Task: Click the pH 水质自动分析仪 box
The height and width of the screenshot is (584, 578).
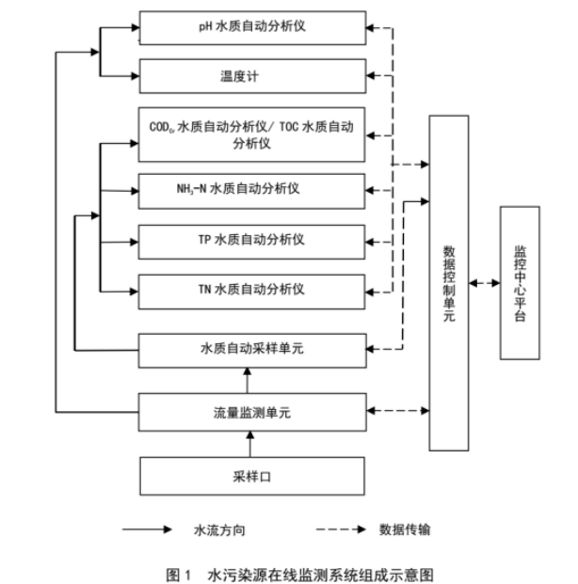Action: [251, 26]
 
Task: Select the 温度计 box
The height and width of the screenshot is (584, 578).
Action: [251, 75]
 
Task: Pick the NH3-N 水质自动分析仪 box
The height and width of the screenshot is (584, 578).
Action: [251, 189]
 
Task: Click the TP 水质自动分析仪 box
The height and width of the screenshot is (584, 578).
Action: [251, 239]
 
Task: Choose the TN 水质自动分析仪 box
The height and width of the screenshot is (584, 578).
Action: [251, 290]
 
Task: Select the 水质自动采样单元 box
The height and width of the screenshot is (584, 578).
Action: [251, 349]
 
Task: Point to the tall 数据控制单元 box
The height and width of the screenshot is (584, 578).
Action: [448, 282]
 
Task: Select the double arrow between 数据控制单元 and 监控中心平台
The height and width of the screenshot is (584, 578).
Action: [484, 282]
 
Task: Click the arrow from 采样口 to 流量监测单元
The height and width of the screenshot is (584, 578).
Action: [251, 442]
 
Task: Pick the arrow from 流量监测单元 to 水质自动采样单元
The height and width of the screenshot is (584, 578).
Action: [251, 379]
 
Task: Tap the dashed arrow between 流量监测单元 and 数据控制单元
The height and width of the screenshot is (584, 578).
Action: [396, 410]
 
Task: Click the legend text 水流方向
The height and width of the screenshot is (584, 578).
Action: [219, 529]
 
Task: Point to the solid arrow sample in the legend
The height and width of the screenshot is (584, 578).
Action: [152, 529]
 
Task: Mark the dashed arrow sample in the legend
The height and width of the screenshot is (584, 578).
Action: [333, 529]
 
